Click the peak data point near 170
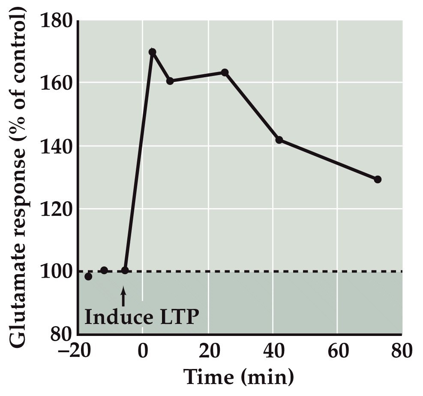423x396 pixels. (x=152, y=52)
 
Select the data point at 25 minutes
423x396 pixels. (x=225, y=73)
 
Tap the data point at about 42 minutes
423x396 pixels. (x=279, y=140)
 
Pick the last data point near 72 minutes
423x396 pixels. (x=378, y=179)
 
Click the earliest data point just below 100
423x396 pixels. (x=88, y=276)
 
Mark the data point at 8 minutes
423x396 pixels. (x=170, y=81)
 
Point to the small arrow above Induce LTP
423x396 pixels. (x=123, y=296)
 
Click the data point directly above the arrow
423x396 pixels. (x=125, y=270)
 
